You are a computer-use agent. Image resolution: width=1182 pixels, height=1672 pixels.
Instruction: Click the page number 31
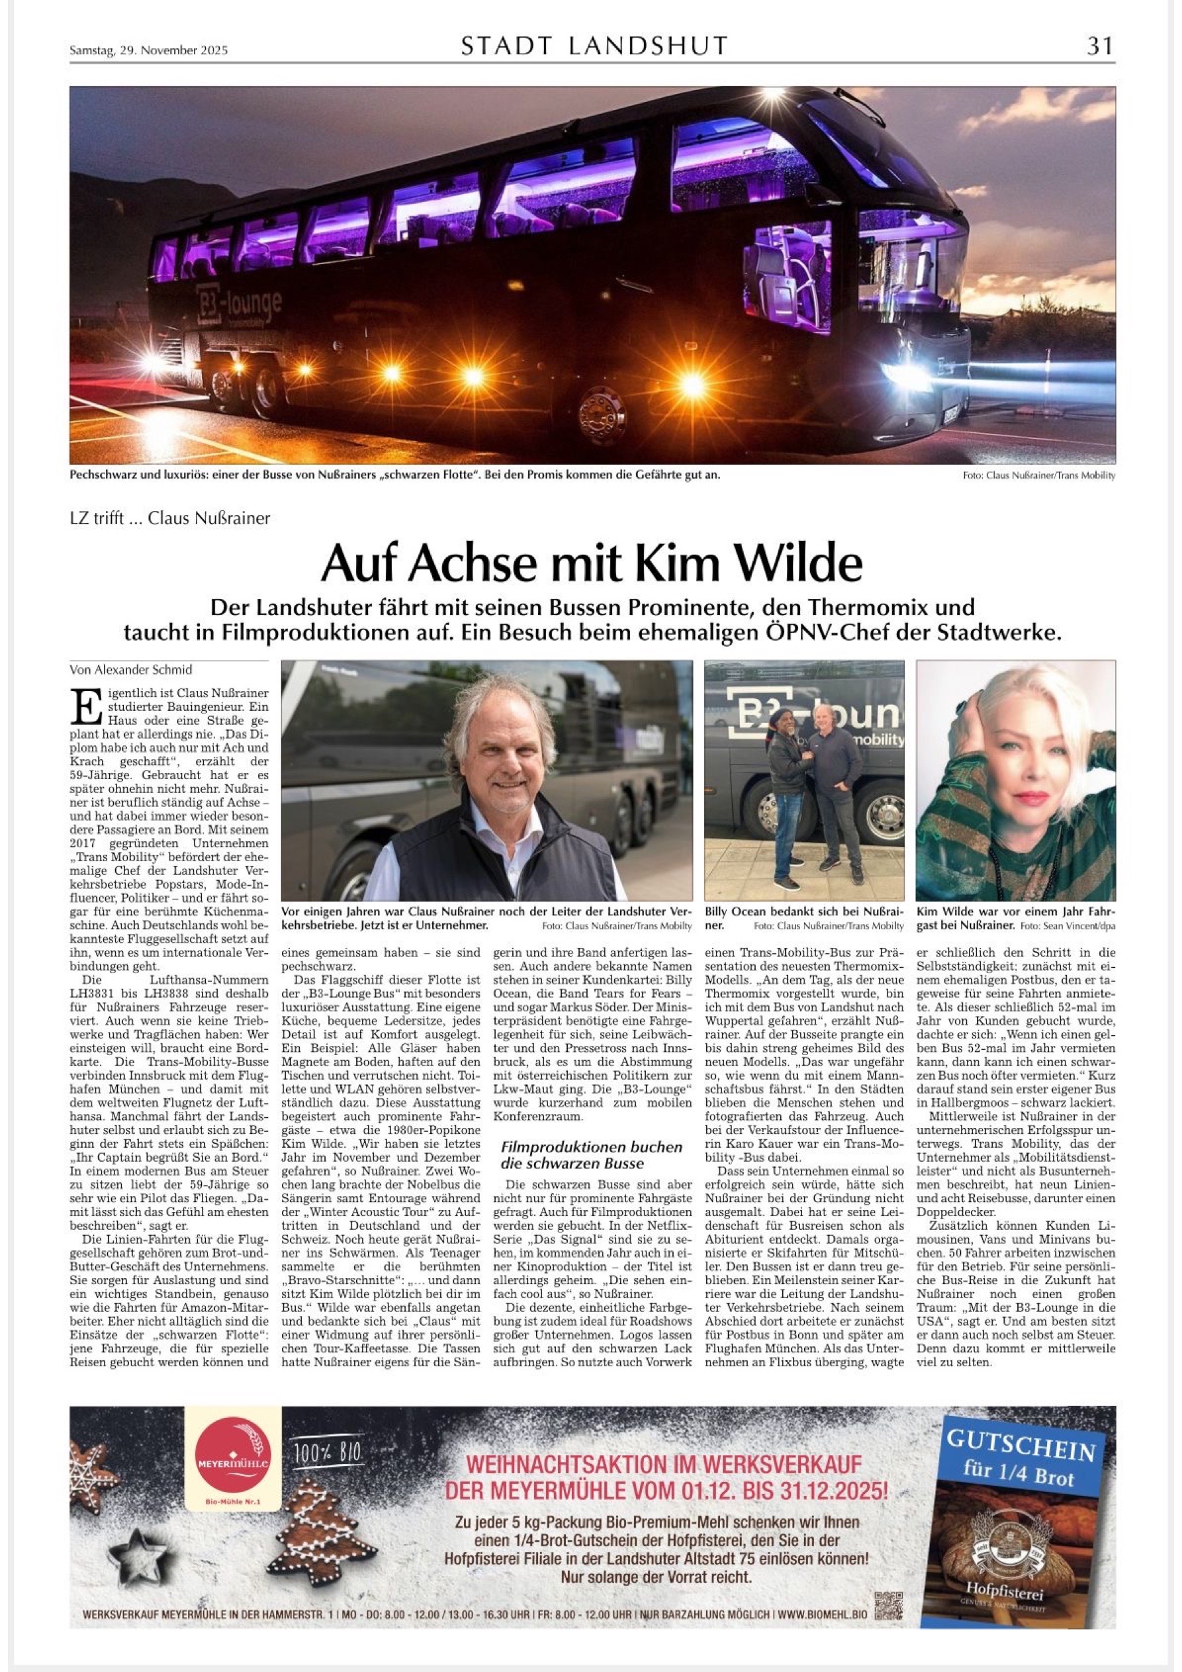1099,46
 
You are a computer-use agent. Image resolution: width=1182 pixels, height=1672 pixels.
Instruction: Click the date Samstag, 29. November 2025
148,50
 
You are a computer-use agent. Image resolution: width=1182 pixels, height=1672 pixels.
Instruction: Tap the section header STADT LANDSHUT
594,46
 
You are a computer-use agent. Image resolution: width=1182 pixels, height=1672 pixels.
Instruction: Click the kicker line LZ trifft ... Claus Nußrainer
169,518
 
